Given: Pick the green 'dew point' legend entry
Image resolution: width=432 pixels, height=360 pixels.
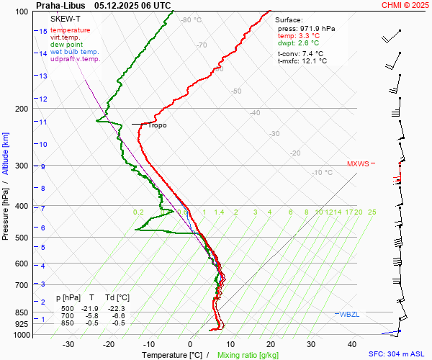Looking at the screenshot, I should point(67,45).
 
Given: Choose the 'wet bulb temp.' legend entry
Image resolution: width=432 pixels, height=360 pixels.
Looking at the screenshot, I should point(75,52).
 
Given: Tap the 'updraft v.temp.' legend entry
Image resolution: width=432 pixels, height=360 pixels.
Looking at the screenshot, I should point(76,59).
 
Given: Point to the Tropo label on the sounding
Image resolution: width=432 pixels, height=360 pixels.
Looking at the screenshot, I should point(157,125).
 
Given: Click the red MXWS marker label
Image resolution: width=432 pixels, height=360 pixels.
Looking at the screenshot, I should point(358,163).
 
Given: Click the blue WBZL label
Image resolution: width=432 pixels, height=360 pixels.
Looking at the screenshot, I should point(349,314).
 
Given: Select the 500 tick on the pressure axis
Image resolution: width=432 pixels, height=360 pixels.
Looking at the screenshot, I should point(22,238).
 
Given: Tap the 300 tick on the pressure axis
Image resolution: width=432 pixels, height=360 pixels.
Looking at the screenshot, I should point(22,166).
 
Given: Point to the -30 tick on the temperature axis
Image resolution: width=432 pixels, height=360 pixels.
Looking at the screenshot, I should point(68,344).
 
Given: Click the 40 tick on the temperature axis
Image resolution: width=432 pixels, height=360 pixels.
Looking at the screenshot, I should point(352,344).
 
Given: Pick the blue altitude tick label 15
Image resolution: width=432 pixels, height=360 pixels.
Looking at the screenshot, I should point(43,32).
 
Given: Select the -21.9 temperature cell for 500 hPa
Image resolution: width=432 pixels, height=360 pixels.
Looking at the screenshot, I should point(90,309).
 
